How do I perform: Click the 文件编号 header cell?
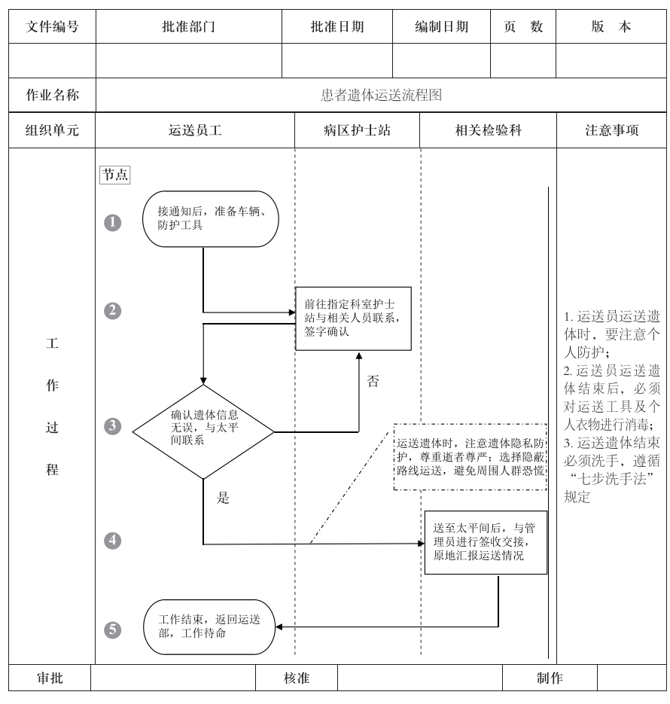52,26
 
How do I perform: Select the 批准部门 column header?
189,26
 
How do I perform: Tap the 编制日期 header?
442,26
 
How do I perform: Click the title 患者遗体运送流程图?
381,96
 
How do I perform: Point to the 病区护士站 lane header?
358,130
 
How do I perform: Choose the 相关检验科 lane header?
489,130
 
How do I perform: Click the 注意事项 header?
612,130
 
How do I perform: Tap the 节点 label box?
115,175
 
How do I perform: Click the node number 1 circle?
113,222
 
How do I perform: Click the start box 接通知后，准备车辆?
211,218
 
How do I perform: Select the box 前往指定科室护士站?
353,318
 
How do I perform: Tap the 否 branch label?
373,381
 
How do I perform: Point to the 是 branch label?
223,498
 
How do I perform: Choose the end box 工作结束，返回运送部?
209,627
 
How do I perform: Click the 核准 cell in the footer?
297,678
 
